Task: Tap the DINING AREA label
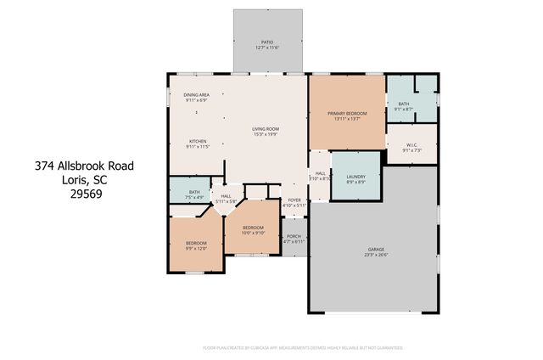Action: pyautogui.click(x=198, y=94)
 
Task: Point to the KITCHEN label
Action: pyautogui.click(x=198, y=141)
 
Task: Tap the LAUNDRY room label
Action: pyautogui.click(x=356, y=177)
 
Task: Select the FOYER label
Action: pyautogui.click(x=294, y=200)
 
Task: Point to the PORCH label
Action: pyautogui.click(x=294, y=236)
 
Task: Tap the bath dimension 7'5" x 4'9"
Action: pyautogui.click(x=194, y=197)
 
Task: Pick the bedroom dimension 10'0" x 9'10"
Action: pyautogui.click(x=254, y=232)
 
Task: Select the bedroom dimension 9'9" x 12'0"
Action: pyautogui.click(x=197, y=248)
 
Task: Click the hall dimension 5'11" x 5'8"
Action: pyautogui.click(x=227, y=201)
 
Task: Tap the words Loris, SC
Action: pyautogui.click(x=84, y=179)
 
